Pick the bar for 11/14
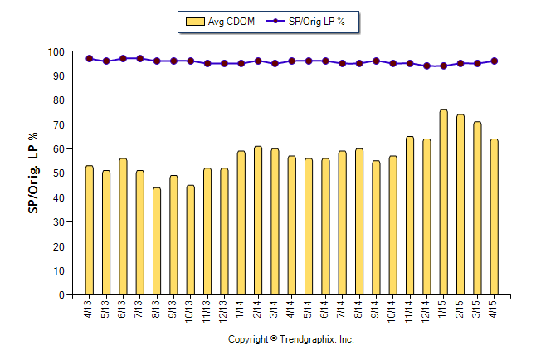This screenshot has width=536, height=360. click(410, 215)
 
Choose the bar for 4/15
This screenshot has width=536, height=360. click(494, 216)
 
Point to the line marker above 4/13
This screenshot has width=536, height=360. click(89, 59)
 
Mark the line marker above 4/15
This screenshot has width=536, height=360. click(494, 61)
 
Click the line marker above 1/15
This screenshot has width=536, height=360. click(443, 66)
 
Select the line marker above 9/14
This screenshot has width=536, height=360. click(376, 61)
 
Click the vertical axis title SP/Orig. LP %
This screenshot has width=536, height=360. click(33, 173)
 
